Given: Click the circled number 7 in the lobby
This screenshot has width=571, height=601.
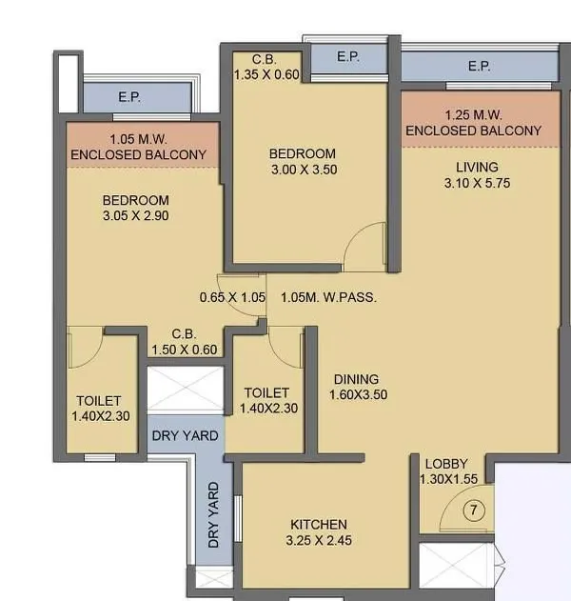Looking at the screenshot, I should click(474, 511).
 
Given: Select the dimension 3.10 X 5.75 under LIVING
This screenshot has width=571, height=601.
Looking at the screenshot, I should click(477, 183).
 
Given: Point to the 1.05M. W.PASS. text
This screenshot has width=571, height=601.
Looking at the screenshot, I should click(328, 297).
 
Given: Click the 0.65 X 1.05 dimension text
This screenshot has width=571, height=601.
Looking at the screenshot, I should click(232, 297).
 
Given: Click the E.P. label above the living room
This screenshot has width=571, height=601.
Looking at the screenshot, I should click(479, 67).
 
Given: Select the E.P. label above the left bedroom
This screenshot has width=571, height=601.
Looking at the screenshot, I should click(128, 97).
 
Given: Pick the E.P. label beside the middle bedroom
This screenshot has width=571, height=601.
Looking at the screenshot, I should click(347, 58).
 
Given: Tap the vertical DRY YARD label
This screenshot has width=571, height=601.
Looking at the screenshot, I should click(214, 513).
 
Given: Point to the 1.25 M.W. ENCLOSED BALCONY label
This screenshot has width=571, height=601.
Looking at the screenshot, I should click(473, 123).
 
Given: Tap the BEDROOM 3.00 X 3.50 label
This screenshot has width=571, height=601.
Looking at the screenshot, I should click(302, 162).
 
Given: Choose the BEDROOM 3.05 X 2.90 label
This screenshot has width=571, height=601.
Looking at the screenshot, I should click(135, 209).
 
